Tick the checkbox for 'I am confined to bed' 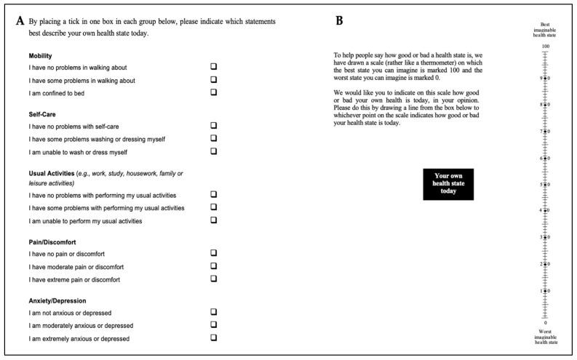[x=214, y=92]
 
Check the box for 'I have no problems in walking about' [x=214, y=67]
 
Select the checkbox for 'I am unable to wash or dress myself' [x=214, y=151]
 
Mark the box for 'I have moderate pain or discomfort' [x=214, y=265]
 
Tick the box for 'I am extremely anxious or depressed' [x=214, y=337]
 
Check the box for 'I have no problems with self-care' [x=214, y=125]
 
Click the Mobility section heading [x=41, y=55]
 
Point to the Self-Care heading [x=43, y=113]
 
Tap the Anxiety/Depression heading [x=58, y=300]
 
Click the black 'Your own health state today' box [x=448, y=184]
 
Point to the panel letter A [x=20, y=21]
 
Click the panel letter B [x=339, y=21]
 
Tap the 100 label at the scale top [x=545, y=47]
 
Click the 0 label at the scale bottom [x=545, y=323]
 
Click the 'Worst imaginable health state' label [x=545, y=336]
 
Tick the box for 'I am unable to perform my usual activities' [x=214, y=220]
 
